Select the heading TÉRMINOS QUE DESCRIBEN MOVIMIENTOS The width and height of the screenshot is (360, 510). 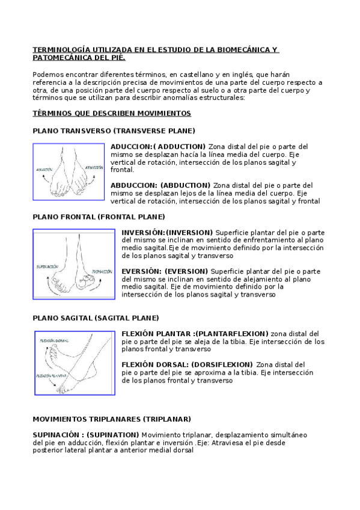tap(112, 114)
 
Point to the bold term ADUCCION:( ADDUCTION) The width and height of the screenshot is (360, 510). tap(158, 146)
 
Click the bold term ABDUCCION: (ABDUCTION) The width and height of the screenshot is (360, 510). tap(160, 185)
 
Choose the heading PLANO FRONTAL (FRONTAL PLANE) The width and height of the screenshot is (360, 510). tap(99, 217)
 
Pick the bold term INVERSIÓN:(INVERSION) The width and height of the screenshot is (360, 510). tap(167, 232)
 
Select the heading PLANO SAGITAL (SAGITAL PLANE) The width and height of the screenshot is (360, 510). tap(96, 318)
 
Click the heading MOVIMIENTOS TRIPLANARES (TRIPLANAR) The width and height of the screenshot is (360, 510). tap(112, 419)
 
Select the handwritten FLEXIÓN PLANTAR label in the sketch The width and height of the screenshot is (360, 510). tap(51, 375)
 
